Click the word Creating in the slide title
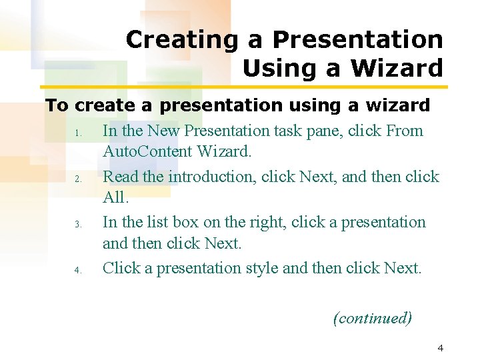coord(181,40)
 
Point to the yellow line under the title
coord(244,87)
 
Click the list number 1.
coord(77,133)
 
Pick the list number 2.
coord(77,179)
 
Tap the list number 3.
coord(77,224)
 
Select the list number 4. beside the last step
coord(77,270)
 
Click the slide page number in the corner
coord(440,348)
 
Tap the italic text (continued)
coord(372,318)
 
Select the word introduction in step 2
coord(212,177)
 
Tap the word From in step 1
coord(405,131)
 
